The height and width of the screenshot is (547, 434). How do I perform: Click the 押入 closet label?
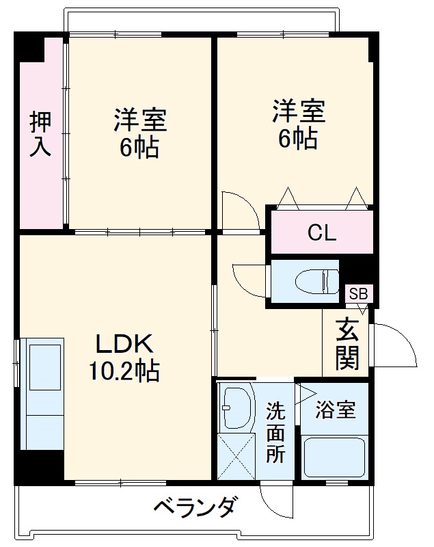pos(40,135)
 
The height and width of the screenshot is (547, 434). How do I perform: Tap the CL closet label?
pos(321,233)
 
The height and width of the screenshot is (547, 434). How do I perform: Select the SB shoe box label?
pos(358,294)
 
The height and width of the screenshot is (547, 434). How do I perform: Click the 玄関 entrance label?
pos(347,345)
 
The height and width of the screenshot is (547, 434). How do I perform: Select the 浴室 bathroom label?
pos(335,410)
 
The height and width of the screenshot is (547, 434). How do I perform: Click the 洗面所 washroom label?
pos(275,432)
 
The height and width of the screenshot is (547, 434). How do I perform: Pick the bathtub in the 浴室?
pos(334,458)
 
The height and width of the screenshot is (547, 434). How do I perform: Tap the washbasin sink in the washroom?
pos(235,408)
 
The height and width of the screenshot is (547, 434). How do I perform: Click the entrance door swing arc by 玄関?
pos(396,345)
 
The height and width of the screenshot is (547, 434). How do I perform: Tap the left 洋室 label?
pos(139,121)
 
